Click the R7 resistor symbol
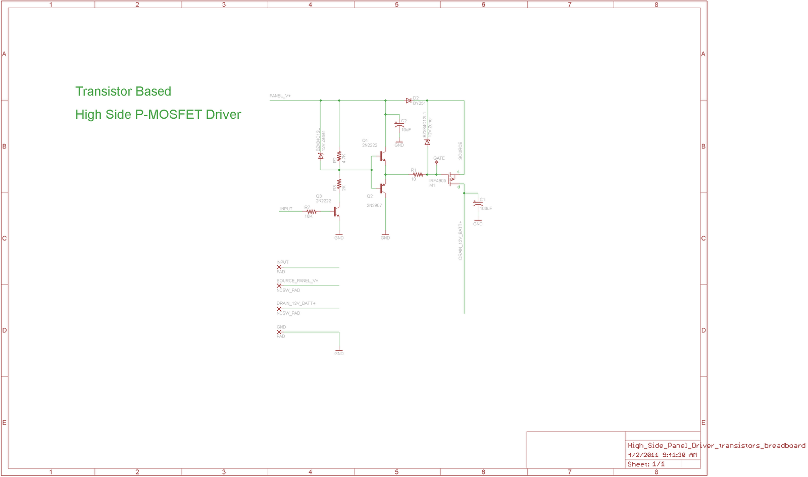[x=312, y=212]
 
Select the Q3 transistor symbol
[x=336, y=212]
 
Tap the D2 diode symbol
[x=409, y=101]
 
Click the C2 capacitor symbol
[x=399, y=124]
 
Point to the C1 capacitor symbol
[x=477, y=203]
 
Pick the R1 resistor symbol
[x=418, y=174]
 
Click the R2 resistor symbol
[x=339, y=156]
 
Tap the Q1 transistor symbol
[x=383, y=157]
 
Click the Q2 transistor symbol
[x=383, y=188]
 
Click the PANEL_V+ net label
[x=280, y=96]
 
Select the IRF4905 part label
[x=437, y=180]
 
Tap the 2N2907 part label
[x=374, y=206]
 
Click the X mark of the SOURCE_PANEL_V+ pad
[x=279, y=286]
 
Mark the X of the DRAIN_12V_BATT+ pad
[x=279, y=309]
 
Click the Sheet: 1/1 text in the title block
[x=646, y=464]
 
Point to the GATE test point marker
[x=436, y=162]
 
